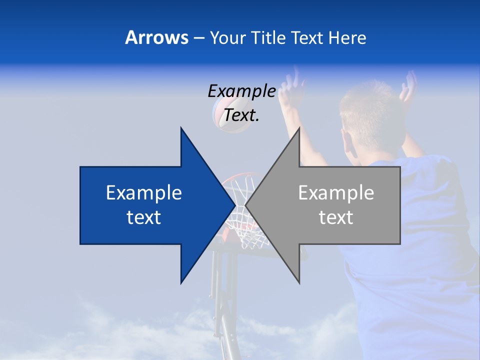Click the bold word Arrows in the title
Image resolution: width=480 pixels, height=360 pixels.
click(156, 37)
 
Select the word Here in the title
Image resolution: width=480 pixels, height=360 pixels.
click(347, 37)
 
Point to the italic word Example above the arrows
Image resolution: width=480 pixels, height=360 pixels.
click(241, 91)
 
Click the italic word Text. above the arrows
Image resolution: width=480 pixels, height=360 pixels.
click(241, 115)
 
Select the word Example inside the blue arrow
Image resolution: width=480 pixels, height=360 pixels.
click(144, 192)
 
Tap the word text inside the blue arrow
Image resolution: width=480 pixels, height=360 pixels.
click(144, 217)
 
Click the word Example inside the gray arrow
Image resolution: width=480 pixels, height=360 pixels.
click(336, 192)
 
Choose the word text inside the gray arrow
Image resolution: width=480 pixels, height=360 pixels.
click(336, 217)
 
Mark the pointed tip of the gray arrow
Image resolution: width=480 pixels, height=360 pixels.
click(246, 205)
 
